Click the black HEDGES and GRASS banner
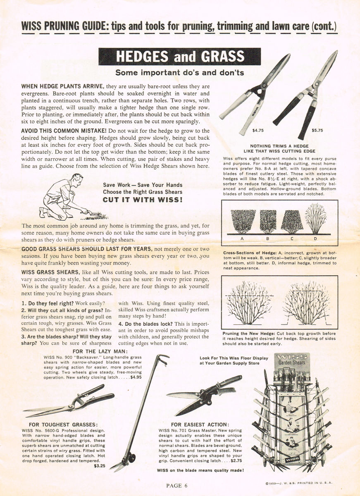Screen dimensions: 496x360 click(x=179, y=57)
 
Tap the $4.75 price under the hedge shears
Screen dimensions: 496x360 click(x=258, y=131)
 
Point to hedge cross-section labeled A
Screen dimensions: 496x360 click(x=242, y=222)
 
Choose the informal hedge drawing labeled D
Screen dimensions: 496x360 click(x=315, y=219)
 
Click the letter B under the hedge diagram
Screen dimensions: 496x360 click(x=267, y=239)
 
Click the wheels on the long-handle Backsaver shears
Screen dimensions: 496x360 click(x=130, y=458)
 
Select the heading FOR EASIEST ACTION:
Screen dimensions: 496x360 click(x=200, y=424)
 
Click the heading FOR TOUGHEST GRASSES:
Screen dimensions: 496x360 click(x=63, y=424)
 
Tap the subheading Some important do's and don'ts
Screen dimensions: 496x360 click(x=179, y=73)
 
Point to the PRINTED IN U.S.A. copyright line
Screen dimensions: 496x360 click(x=299, y=483)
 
